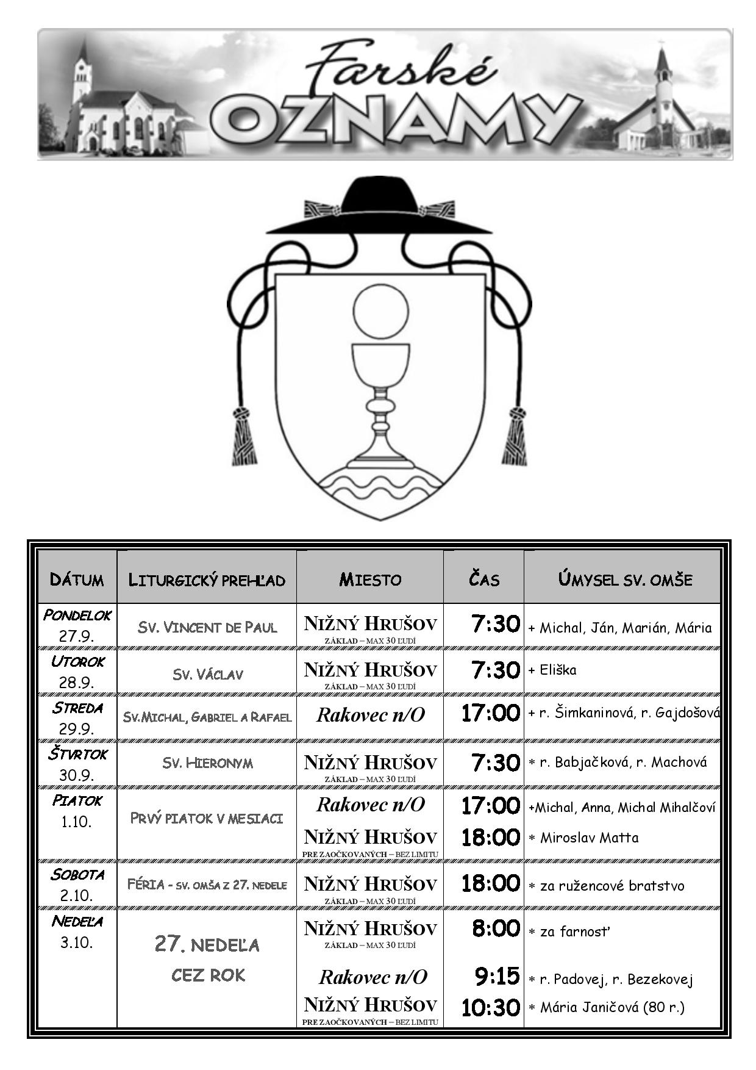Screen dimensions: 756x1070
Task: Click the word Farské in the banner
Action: point(399,66)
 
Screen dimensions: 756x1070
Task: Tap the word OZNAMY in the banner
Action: point(396,120)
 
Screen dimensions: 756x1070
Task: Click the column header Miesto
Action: point(370,579)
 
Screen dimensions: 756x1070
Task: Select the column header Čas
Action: point(484,577)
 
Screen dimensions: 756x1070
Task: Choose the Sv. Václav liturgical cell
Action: point(207,674)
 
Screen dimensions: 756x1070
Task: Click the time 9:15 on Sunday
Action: point(497,976)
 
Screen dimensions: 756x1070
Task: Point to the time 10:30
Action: point(490,1007)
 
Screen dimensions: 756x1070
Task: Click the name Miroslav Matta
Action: point(590,838)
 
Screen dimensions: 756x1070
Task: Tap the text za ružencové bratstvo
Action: point(612,886)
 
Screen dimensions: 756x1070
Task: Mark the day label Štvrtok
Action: point(78,754)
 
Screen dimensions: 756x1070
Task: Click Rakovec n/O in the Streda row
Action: point(370,715)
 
